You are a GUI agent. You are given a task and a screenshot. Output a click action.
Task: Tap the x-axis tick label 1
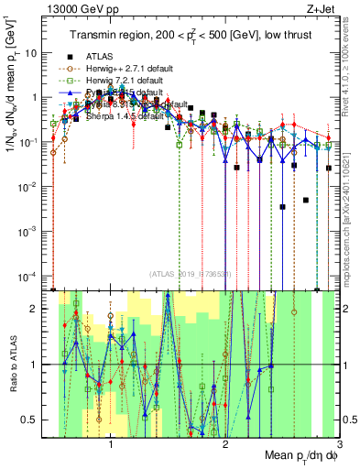tap(111, 447)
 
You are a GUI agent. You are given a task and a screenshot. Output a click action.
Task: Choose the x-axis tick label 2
tap(225, 447)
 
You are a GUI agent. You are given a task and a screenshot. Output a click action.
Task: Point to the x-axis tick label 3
tap(338, 447)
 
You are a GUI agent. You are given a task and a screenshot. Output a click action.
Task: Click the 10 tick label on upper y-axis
tap(30, 52)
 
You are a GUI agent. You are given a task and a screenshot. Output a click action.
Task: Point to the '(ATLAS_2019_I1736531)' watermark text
tap(190, 274)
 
